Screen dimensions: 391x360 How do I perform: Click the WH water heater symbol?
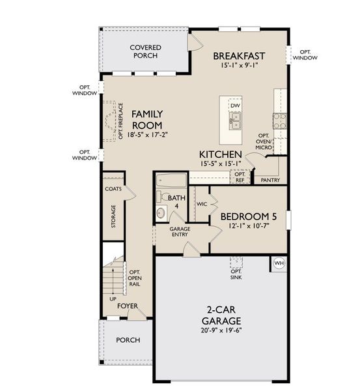click(x=279, y=263)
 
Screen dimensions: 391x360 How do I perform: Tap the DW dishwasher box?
click(x=235, y=105)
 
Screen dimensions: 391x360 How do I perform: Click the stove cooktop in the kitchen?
click(x=279, y=120)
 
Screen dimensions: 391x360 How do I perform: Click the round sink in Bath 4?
click(x=162, y=212)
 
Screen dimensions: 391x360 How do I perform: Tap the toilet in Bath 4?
click(x=159, y=196)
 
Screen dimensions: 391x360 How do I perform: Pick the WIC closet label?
click(x=202, y=204)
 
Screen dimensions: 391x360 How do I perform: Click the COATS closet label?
click(x=113, y=189)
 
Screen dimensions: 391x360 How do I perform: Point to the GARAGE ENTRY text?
click(x=180, y=233)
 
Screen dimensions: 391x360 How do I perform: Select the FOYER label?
click(x=127, y=306)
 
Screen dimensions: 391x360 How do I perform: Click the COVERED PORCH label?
click(x=145, y=51)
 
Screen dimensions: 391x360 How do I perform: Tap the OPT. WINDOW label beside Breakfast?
click(x=305, y=55)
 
